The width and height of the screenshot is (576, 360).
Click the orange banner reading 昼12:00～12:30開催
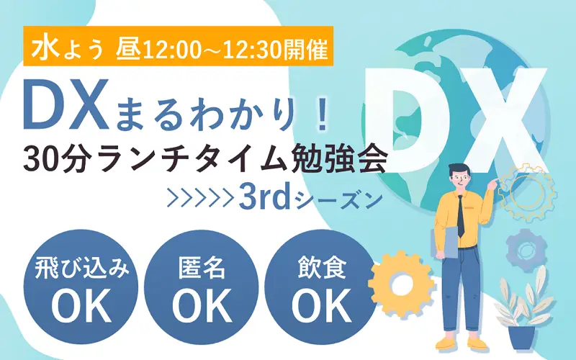178,46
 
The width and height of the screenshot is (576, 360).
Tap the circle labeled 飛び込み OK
81,287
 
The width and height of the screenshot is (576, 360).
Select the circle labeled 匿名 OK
202,287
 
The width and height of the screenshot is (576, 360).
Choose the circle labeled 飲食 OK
322,287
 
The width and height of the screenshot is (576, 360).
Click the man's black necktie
461,217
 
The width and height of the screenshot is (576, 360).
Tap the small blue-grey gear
526,250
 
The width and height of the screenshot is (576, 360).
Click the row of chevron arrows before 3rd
200,199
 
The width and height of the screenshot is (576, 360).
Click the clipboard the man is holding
444,243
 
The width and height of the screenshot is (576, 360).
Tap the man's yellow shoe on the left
446,343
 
